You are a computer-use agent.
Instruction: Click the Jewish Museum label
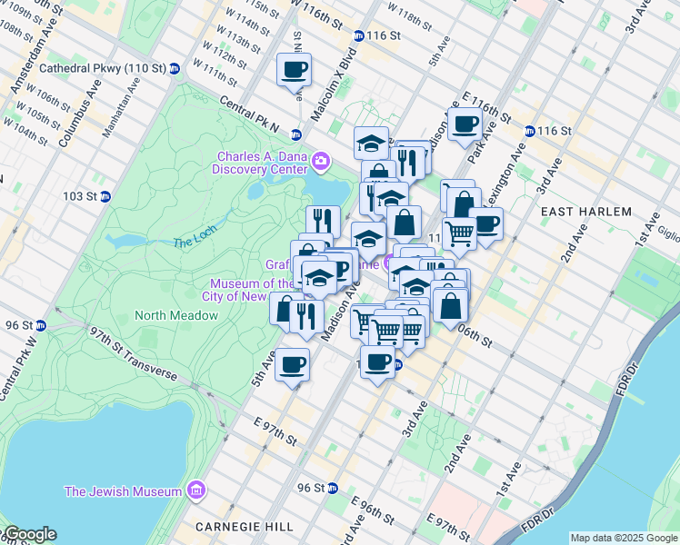click(123, 491)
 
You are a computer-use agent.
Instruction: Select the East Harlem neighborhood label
click(585, 211)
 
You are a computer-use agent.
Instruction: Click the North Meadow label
click(176, 315)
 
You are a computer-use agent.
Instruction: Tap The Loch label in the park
click(194, 243)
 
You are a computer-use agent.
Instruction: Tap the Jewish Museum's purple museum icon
click(195, 491)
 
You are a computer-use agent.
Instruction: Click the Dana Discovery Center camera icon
click(319, 162)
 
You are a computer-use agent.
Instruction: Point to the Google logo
click(29, 534)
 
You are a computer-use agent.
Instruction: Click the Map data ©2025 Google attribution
click(624, 538)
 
